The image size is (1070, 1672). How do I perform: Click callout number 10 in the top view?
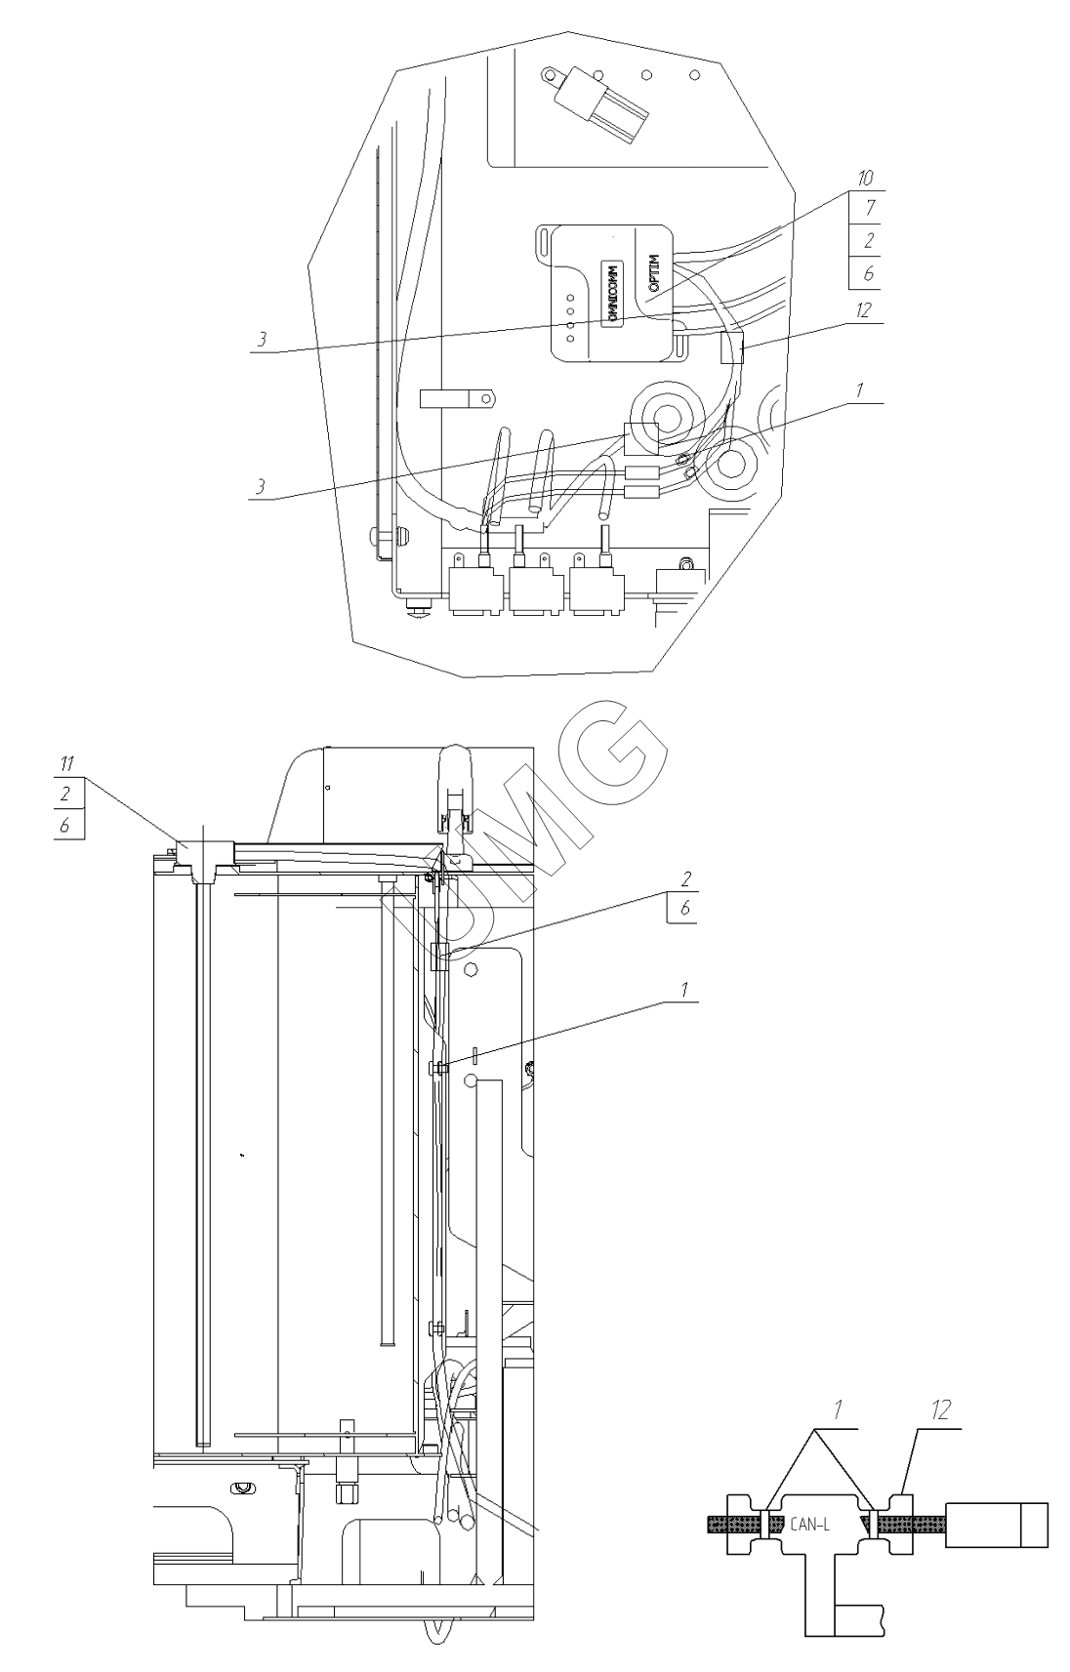[865, 179]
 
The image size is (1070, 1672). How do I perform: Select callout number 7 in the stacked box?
[869, 208]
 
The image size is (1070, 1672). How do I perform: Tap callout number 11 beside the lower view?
[68, 763]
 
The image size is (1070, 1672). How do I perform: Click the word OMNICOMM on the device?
[611, 292]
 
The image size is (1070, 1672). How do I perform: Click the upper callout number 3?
[262, 340]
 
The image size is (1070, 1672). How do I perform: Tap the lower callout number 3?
[262, 487]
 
